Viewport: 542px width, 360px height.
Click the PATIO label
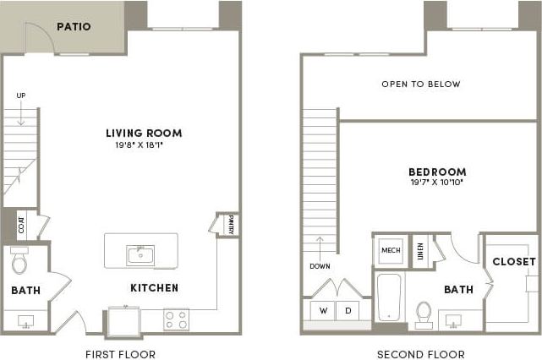[x=74, y=27]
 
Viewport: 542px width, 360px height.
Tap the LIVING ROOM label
[x=144, y=133]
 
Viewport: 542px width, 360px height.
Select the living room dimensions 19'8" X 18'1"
[x=144, y=145]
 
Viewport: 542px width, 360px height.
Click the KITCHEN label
[x=154, y=288]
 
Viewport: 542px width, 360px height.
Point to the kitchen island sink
[x=140, y=254]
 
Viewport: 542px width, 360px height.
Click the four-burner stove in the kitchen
[x=176, y=319]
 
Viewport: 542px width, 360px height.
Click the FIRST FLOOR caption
[x=121, y=354]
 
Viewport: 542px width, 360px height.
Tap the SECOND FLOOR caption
[x=421, y=354]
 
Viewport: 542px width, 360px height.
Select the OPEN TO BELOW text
[x=421, y=85]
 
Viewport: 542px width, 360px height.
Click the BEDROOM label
[x=437, y=172]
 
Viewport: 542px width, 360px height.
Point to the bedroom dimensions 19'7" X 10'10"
[x=437, y=182]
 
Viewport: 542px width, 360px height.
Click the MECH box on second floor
[x=390, y=251]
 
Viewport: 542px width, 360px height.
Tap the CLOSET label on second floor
[x=514, y=262]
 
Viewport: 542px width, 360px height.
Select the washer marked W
[x=323, y=310]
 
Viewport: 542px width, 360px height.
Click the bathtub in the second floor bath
[x=390, y=297]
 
